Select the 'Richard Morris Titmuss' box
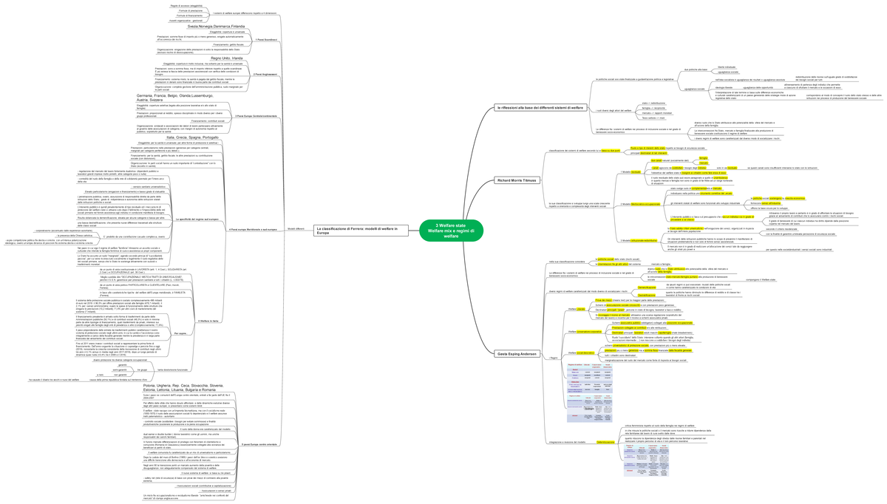[x=521, y=180]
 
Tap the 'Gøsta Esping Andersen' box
[x=523, y=354]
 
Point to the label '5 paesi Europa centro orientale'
[x=258, y=444]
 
